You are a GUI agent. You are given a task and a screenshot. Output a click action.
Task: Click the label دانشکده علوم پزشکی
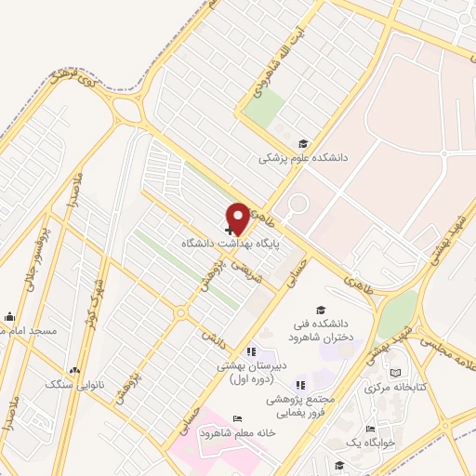[302, 158]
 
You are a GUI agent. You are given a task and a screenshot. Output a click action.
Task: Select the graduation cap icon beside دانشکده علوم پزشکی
[302, 143]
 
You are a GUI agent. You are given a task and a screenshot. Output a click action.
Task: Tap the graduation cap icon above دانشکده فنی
[321, 311]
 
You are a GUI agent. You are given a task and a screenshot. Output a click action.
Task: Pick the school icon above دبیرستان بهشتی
[250, 352]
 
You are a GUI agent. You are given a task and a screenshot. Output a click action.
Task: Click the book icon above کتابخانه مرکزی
[396, 372]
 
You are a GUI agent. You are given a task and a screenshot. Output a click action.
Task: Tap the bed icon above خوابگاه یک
[370, 429]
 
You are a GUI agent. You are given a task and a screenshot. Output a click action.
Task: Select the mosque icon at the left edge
[9, 315]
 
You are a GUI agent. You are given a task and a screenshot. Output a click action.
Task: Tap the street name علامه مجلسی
[448, 353]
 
